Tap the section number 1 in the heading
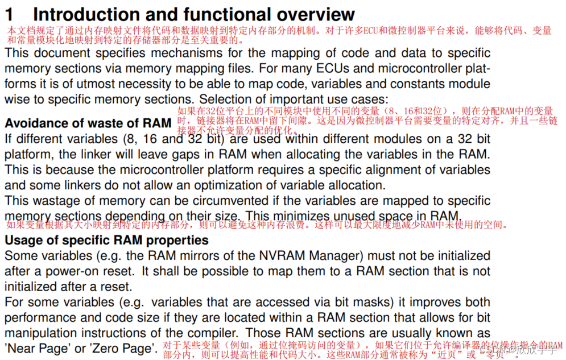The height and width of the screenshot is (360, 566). click(10, 14)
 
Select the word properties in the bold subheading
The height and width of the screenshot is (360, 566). click(182, 241)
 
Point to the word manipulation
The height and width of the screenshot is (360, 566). click(41, 333)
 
